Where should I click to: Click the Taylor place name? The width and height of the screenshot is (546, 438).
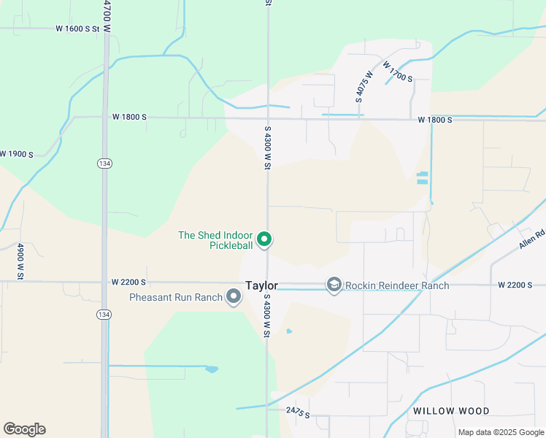[x=261, y=286]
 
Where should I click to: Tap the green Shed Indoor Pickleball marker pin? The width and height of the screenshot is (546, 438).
[x=266, y=239]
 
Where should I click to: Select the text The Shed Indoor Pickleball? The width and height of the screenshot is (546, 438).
[x=215, y=240]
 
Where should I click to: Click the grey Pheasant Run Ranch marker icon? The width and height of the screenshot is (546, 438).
[x=234, y=296]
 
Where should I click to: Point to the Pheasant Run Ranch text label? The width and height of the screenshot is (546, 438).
[x=174, y=297]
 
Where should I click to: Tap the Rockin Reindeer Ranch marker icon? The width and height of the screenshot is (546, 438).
[x=334, y=285]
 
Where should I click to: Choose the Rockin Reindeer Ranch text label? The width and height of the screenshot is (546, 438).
[x=397, y=285]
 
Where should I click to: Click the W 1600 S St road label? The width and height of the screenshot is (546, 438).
[x=77, y=28]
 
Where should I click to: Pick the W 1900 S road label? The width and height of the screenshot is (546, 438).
[x=17, y=154]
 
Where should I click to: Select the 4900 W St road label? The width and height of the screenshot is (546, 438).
[x=18, y=255]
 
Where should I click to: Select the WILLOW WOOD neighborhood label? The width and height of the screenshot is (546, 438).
[x=451, y=411]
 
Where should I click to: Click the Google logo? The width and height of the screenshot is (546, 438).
[x=24, y=429]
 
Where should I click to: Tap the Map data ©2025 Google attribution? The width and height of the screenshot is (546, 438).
[x=500, y=432]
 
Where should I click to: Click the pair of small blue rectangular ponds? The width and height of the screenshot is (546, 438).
[x=422, y=177]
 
